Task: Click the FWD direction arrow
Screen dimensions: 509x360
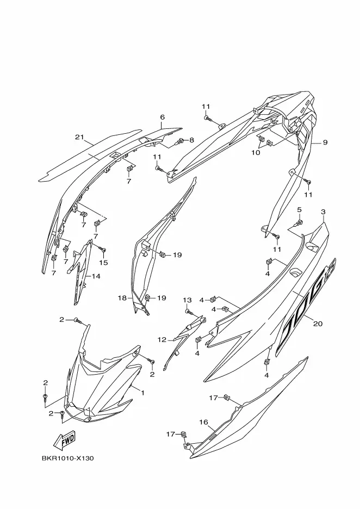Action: (x=64, y=438)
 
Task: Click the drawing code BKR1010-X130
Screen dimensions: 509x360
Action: (x=68, y=458)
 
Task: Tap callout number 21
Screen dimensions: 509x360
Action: (x=80, y=136)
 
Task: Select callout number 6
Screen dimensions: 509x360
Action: (x=162, y=117)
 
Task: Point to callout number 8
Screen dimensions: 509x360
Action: (x=191, y=140)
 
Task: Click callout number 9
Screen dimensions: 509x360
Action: (x=325, y=142)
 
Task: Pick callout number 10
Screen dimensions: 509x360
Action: (x=255, y=153)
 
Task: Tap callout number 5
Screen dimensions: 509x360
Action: (x=299, y=210)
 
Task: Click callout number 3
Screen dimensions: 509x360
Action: (x=323, y=211)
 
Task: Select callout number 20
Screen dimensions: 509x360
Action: (x=318, y=324)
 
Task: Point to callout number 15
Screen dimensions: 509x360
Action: (x=103, y=263)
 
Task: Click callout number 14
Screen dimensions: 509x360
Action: (x=96, y=276)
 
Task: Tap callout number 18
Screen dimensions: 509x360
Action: (x=122, y=298)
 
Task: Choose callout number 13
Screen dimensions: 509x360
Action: (x=187, y=300)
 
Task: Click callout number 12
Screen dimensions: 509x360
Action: (x=162, y=339)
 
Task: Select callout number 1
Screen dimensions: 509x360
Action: (x=142, y=392)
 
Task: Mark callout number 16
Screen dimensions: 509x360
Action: (x=203, y=421)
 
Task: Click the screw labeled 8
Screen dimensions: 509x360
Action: (x=180, y=141)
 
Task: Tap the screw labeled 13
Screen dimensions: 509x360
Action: (x=188, y=312)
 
